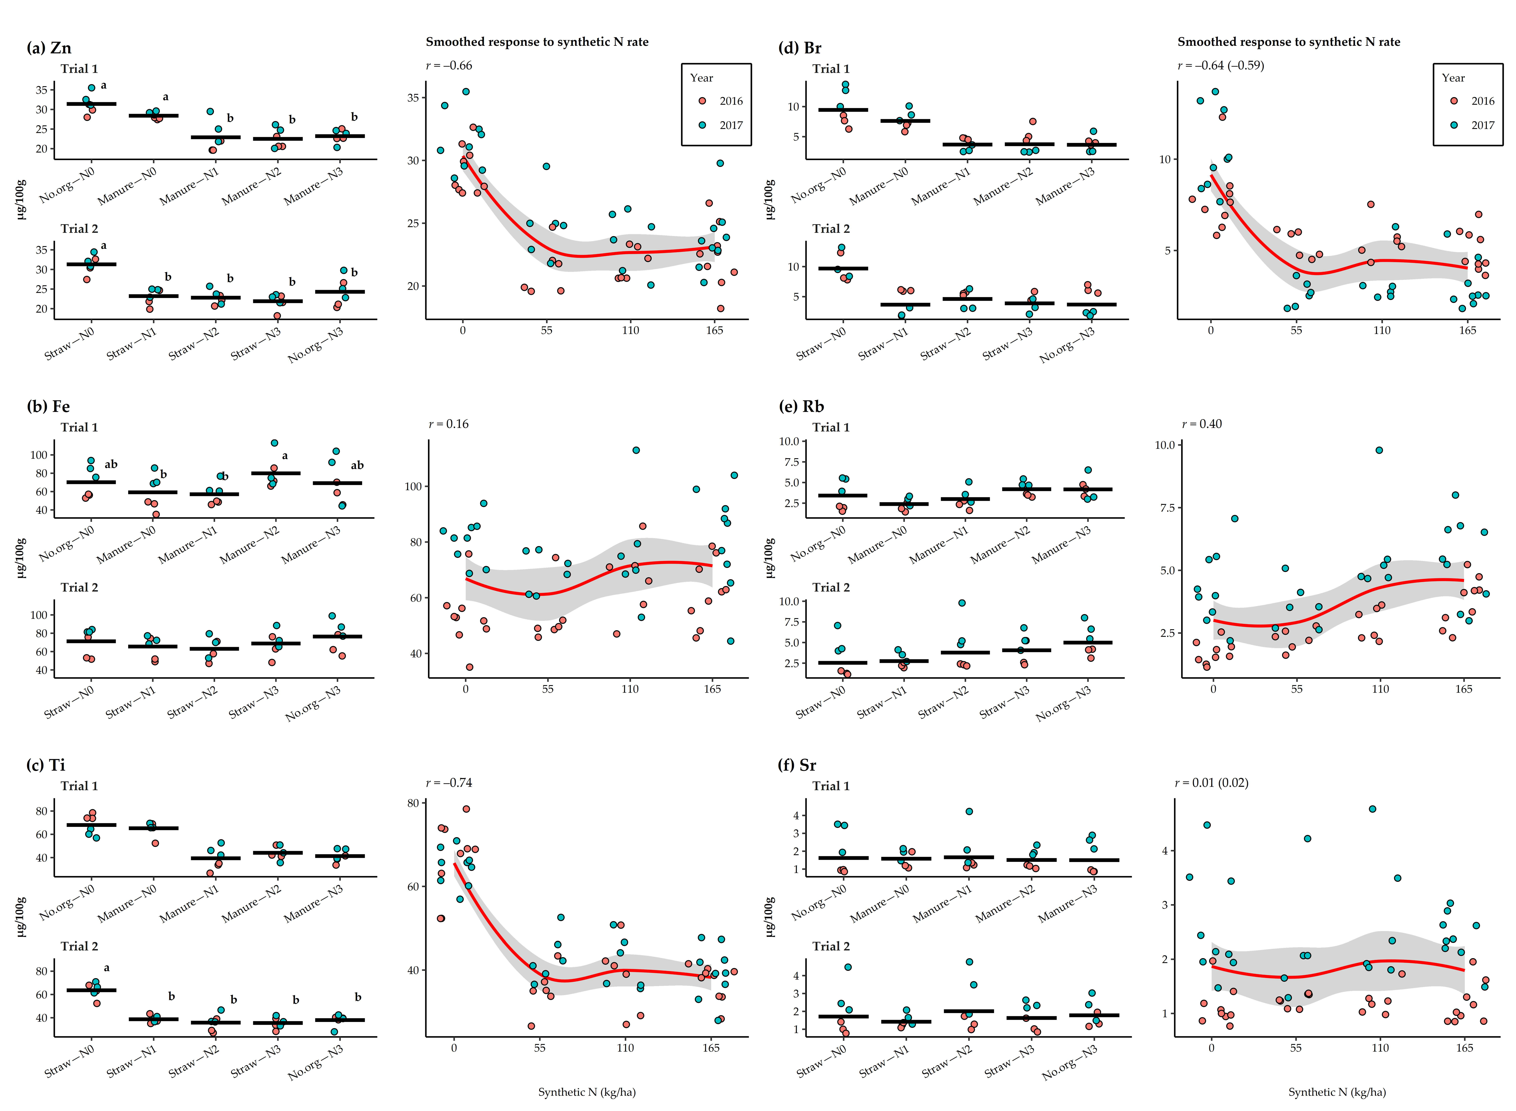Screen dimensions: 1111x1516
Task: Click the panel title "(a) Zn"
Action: [x=48, y=48]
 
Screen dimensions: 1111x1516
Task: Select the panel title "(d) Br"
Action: [x=799, y=48]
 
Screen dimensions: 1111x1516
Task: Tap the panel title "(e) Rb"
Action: [x=801, y=406]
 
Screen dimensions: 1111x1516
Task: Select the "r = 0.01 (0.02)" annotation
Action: [x=1211, y=783]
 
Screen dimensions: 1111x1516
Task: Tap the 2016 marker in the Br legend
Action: [x=1453, y=101]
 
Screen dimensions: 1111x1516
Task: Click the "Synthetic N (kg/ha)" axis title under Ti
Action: [x=587, y=1092]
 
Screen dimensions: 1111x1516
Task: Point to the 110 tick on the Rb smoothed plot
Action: [x=1380, y=689]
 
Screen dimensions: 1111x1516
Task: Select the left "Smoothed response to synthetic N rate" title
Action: [x=537, y=42]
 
